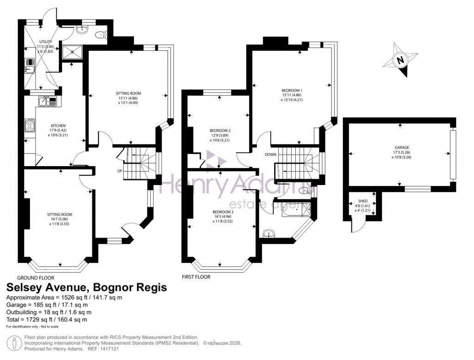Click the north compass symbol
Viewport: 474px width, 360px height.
coord(401,60)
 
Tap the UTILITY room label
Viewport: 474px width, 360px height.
coord(45,42)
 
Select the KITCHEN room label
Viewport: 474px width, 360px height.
coord(58,126)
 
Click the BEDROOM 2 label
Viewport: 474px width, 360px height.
coord(220,131)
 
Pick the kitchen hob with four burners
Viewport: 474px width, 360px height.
coord(30,125)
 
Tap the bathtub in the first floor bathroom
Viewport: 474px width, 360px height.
coord(292,211)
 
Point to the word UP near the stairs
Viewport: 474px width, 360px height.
coord(119,171)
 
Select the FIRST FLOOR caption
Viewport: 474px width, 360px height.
coord(196,277)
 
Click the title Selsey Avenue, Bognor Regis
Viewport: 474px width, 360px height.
coord(86,288)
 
